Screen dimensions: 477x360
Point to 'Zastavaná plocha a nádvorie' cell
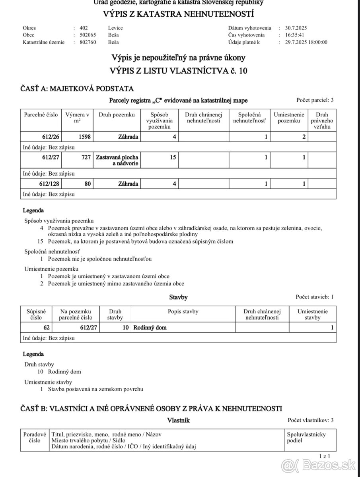(x=117, y=161)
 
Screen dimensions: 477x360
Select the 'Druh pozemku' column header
(x=117, y=115)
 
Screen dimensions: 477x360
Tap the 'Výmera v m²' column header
(x=77, y=118)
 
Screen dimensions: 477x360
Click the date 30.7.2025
(x=296, y=28)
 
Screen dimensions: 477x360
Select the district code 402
(x=84, y=28)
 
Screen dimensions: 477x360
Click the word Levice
(x=115, y=28)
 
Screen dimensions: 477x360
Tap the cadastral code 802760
(x=88, y=42)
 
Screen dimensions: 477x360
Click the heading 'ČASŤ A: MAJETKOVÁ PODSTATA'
(x=77, y=89)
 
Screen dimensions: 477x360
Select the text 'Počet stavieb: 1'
(x=315, y=297)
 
